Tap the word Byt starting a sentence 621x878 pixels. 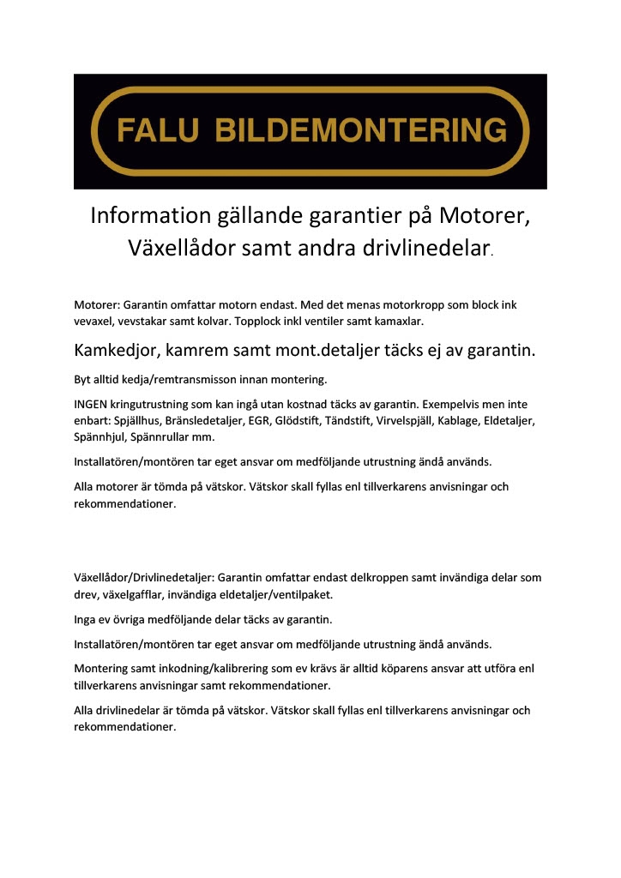pyautogui.click(x=83, y=378)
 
